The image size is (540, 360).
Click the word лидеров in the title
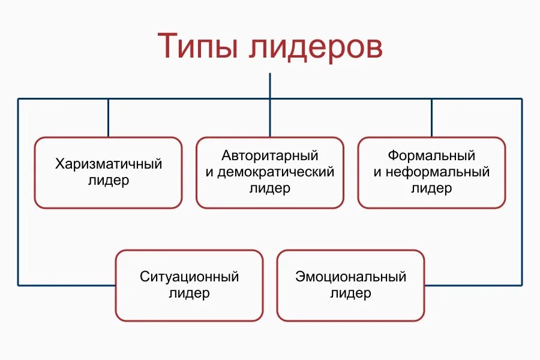click(314, 47)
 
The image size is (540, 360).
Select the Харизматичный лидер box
click(108, 173)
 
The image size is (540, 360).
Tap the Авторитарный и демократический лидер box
click(270, 173)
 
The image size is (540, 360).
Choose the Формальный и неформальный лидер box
click(431, 173)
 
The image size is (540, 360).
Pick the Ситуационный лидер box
click(189, 286)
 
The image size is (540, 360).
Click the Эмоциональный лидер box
click(351, 286)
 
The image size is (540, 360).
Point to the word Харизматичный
click(109, 164)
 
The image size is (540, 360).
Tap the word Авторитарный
click(270, 156)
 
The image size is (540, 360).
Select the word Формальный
click(431, 156)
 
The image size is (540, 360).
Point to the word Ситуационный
click(190, 277)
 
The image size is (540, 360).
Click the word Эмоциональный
click(351, 277)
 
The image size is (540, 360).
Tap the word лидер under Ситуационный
click(190, 293)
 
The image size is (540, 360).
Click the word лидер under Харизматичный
click(109, 180)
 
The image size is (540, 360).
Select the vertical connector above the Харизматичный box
click(109, 118)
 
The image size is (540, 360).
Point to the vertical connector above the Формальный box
click(431, 118)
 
